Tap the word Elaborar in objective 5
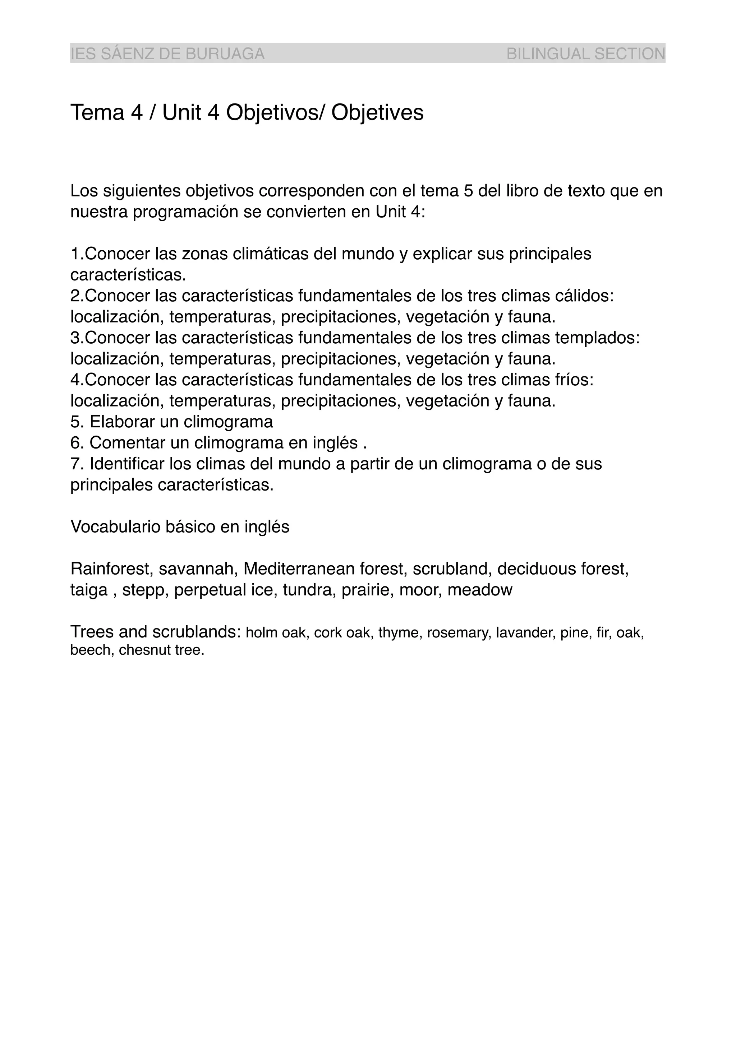(122, 422)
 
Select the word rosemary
(459, 633)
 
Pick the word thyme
(400, 633)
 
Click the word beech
(92, 650)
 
